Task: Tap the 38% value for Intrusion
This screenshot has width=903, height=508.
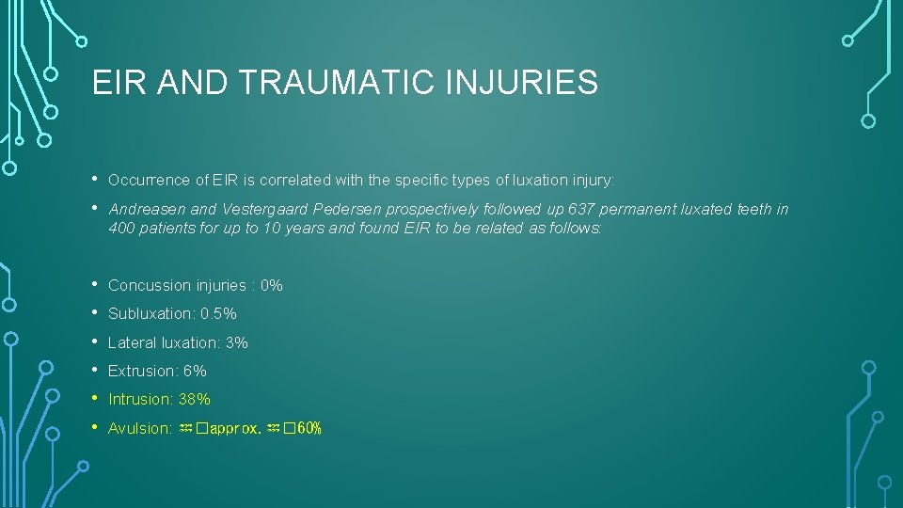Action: pos(194,399)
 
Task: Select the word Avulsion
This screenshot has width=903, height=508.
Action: pos(137,428)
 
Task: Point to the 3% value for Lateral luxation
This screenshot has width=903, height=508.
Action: pos(237,342)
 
